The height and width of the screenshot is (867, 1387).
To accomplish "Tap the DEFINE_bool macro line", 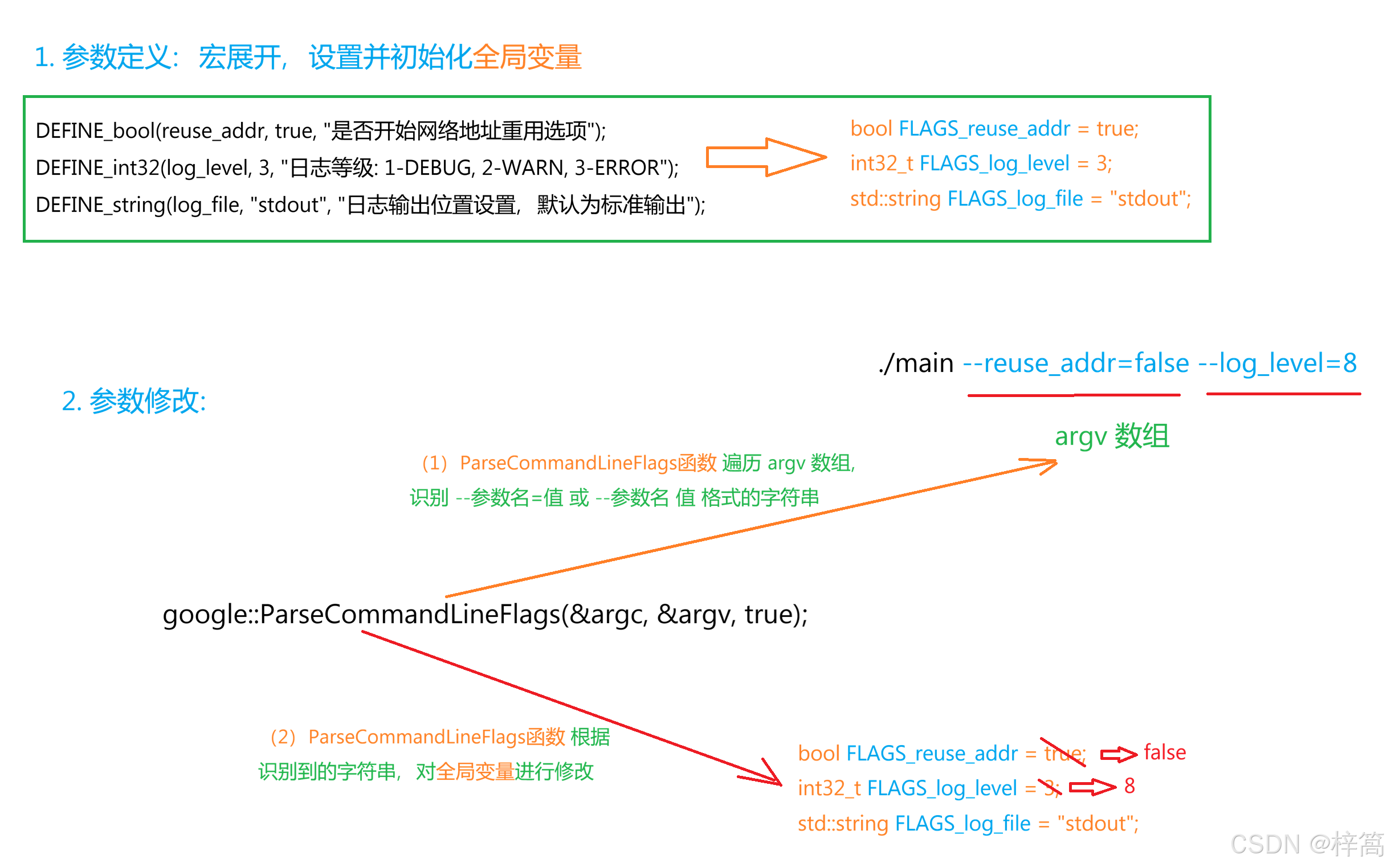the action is click(x=320, y=131).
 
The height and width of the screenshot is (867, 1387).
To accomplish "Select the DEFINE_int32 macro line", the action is click(x=357, y=167).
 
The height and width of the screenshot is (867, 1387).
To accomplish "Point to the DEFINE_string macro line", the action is click(x=370, y=205).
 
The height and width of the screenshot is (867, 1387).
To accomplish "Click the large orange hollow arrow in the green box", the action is click(x=765, y=157).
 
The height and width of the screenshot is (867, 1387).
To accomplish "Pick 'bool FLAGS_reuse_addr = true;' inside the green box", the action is click(x=993, y=129).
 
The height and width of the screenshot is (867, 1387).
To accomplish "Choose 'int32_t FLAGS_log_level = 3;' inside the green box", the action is click(x=980, y=164).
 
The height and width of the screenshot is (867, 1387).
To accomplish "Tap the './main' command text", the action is click(x=916, y=363).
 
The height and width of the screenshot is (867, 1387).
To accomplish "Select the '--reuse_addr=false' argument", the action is click(x=1075, y=363).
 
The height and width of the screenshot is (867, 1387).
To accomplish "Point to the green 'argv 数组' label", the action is click(x=1112, y=436).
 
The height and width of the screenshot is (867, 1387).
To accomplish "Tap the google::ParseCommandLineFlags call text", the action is click(x=485, y=614).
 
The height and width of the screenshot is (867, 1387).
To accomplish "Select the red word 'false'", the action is click(x=1164, y=752).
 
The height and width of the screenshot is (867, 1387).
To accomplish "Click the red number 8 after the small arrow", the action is click(x=1129, y=786).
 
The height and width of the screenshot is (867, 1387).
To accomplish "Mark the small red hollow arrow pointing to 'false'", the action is click(x=1118, y=754).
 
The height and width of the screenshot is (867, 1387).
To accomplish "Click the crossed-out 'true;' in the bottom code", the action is click(x=1064, y=753).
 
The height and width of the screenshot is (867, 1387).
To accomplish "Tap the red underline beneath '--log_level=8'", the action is click(x=1283, y=394).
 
